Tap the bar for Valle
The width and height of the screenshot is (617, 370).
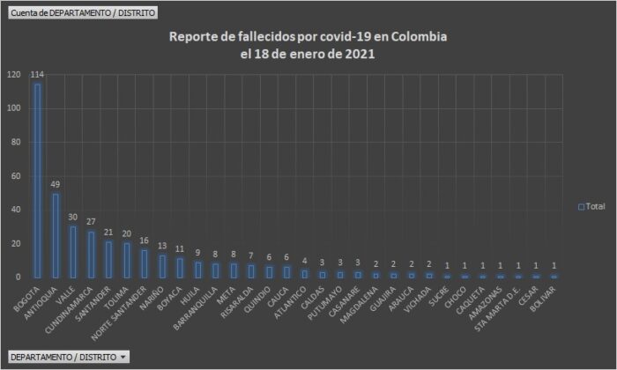click(73, 251)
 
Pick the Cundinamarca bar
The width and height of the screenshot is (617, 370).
click(91, 254)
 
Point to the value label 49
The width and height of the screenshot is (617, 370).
click(56, 185)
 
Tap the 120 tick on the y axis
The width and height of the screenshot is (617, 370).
click(13, 75)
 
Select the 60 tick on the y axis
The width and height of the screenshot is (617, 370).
click(16, 176)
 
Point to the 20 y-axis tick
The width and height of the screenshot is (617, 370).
click(16, 244)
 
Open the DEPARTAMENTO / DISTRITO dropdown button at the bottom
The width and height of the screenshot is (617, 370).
click(68, 357)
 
